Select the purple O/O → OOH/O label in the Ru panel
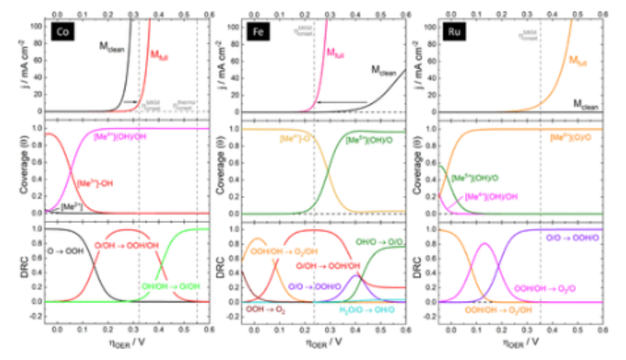coord(570,238)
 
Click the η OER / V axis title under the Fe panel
coord(321,341)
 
